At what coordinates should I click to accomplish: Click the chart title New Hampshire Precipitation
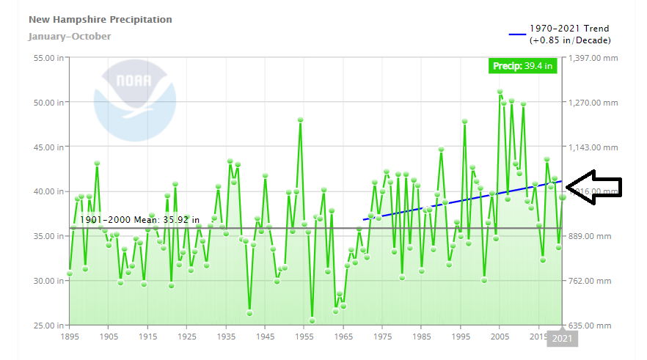[100, 19]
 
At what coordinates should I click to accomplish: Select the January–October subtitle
[70, 36]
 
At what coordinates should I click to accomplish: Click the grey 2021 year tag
[563, 338]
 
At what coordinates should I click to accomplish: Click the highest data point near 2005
[500, 92]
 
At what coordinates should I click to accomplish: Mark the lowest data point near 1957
[312, 320]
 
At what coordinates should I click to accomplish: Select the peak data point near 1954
[300, 120]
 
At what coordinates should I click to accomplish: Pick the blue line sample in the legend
[518, 34]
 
